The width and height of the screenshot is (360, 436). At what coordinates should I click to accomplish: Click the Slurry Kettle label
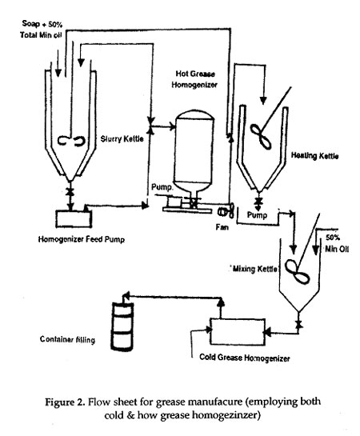tap(122, 138)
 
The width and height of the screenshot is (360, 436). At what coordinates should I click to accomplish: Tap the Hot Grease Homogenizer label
tap(194, 79)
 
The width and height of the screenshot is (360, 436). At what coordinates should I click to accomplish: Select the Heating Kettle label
tap(314, 155)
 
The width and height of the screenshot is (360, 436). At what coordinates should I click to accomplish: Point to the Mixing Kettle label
tap(254, 269)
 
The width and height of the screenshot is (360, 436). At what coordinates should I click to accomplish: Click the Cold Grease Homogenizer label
tap(245, 358)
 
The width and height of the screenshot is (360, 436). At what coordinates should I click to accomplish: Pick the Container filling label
tap(67, 339)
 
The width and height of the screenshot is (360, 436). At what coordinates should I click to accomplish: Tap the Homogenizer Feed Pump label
tap(81, 239)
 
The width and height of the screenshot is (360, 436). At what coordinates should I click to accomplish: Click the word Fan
tap(222, 227)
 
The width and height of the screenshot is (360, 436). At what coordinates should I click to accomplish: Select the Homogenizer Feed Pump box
tap(74, 219)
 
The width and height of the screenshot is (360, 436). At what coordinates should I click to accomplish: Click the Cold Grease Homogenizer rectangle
tap(238, 332)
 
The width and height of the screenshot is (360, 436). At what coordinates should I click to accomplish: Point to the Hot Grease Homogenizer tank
tap(194, 150)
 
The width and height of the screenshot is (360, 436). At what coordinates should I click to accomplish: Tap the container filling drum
tap(122, 326)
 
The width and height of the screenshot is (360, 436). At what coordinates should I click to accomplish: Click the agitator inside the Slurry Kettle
tap(72, 141)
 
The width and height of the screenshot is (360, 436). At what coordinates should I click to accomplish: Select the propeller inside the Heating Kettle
tap(261, 137)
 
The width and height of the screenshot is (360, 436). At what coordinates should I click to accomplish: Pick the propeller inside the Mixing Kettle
tap(297, 272)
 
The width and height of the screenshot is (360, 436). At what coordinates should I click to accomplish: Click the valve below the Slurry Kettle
tap(70, 191)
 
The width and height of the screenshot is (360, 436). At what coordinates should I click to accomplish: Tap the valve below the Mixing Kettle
tap(299, 324)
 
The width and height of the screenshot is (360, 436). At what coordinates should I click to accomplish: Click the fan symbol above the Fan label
tap(226, 212)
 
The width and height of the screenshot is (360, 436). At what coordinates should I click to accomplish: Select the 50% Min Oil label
tap(336, 243)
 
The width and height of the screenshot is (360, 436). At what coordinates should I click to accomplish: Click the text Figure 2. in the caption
tap(65, 402)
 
